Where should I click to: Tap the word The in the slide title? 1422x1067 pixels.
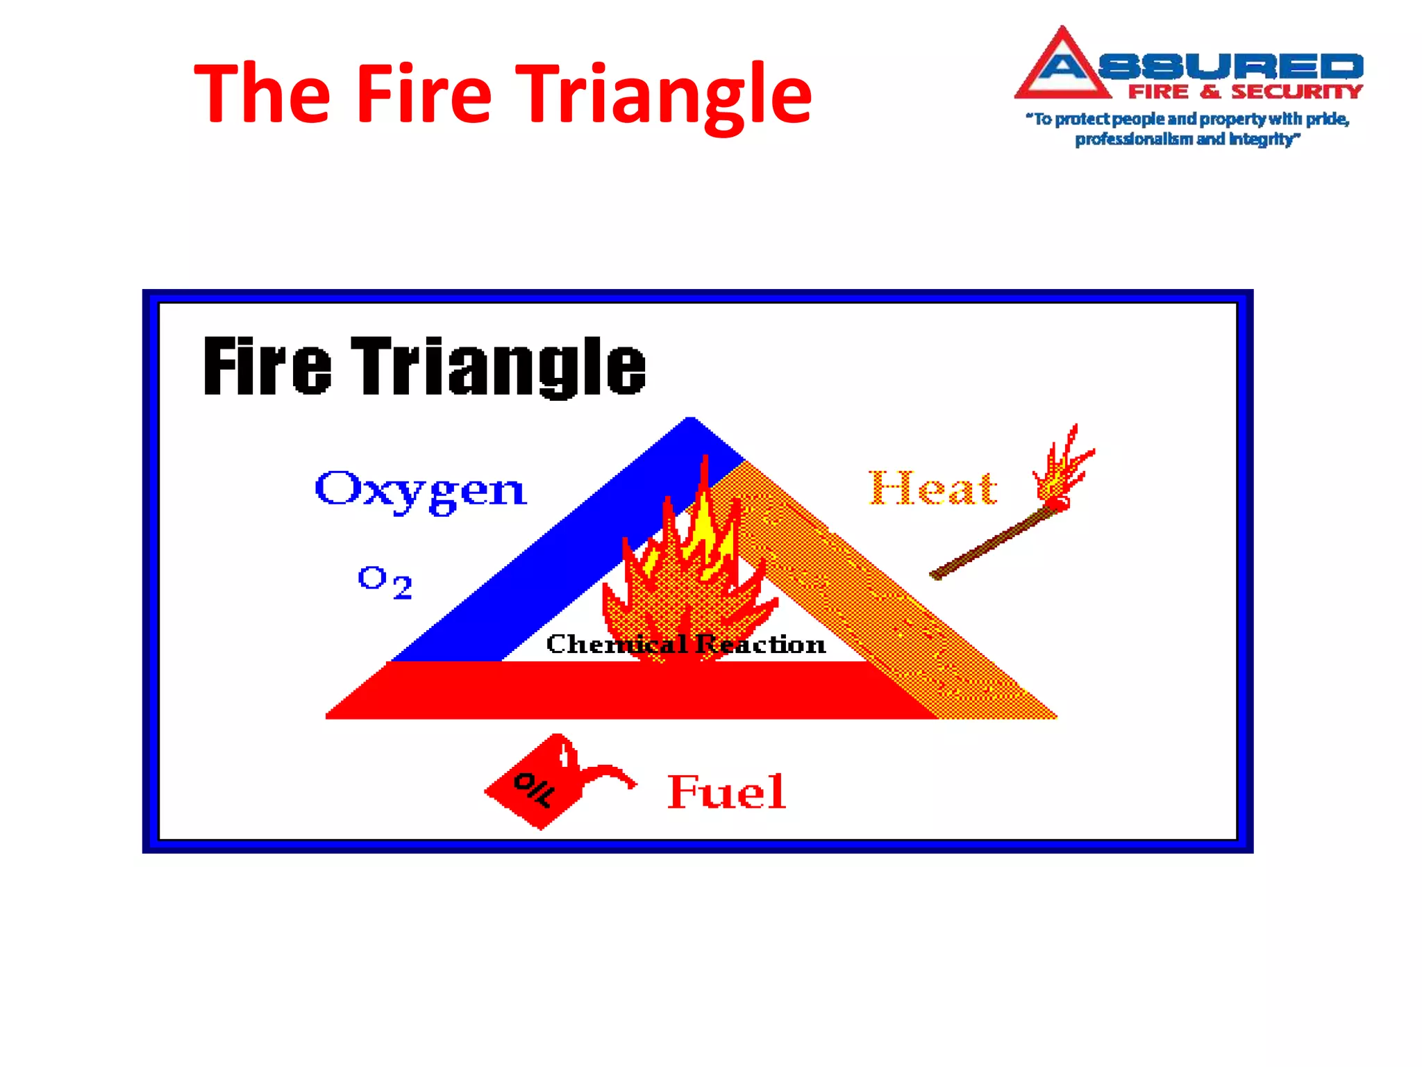pos(262,94)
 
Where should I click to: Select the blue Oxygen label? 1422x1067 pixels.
pos(421,490)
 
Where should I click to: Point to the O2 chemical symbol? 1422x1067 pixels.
pos(385,581)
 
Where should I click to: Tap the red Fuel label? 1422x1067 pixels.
pos(726,791)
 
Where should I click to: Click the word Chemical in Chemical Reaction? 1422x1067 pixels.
pos(615,644)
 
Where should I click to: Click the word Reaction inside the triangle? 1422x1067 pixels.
pos(761,644)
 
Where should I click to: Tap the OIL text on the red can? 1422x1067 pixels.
pos(534,789)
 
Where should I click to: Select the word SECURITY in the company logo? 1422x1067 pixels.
pos(1296,92)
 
